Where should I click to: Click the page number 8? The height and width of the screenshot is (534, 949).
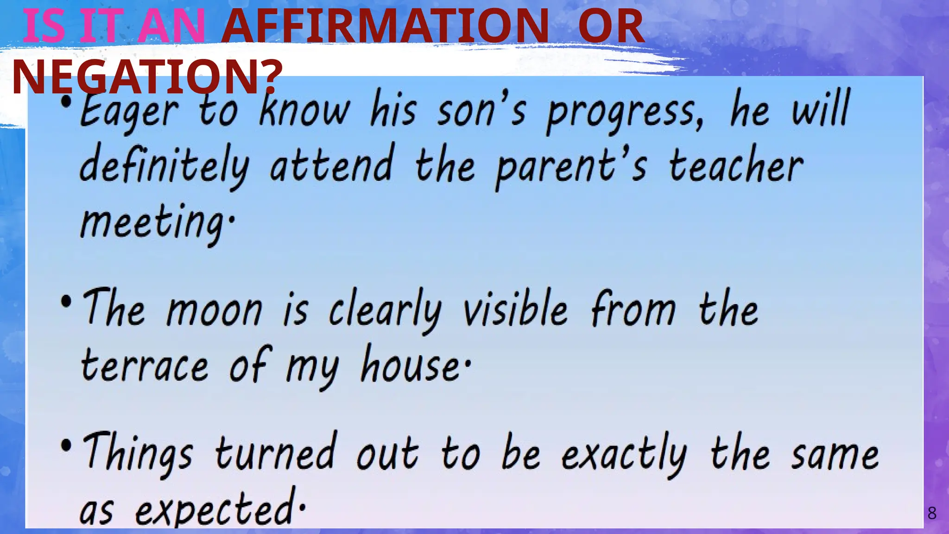[931, 513]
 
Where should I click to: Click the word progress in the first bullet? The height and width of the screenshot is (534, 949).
[625, 113]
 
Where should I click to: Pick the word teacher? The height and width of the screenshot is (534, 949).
[736, 166]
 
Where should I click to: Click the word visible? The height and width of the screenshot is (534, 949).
[515, 308]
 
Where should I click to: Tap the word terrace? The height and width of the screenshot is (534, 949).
[145, 366]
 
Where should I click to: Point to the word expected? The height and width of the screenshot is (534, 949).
[214, 510]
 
